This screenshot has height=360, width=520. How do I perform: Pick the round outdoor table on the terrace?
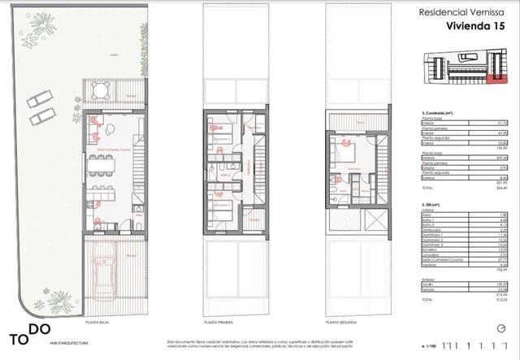[99, 90]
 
